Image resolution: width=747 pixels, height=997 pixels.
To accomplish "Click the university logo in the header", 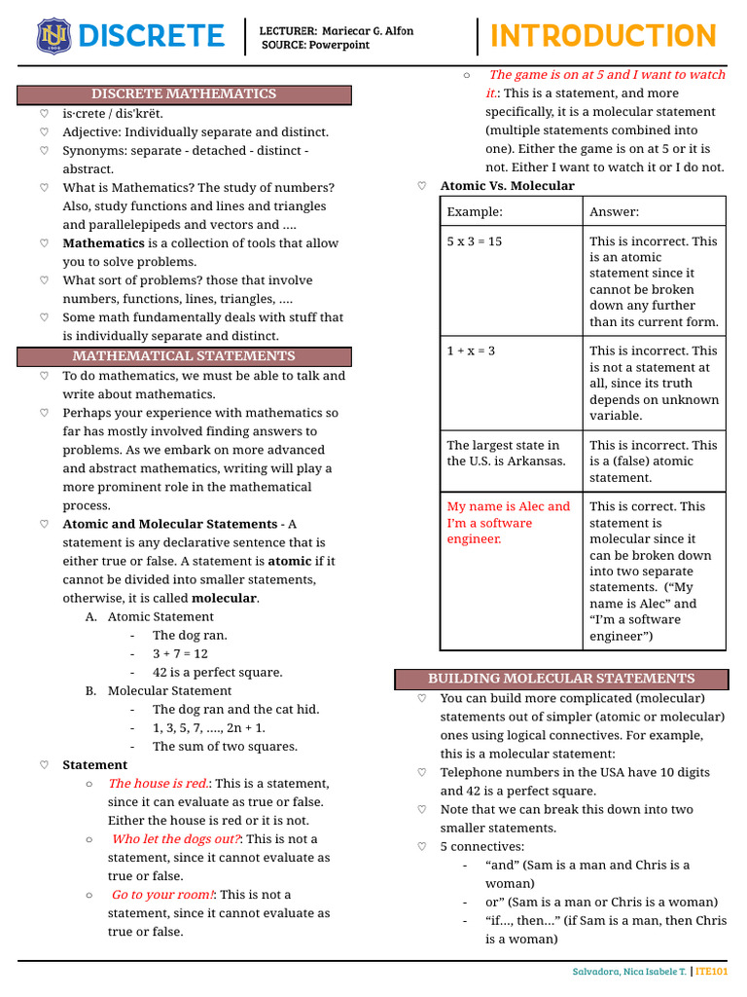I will tap(52, 37).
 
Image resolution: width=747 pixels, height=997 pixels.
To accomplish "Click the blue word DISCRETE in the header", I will tap(151, 37).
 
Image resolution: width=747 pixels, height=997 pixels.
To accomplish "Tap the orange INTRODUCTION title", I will tap(603, 36).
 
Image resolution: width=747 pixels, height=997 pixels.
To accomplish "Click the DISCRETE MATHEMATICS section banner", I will tap(184, 94).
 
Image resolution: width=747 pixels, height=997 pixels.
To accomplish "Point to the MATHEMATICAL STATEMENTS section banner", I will tap(184, 356).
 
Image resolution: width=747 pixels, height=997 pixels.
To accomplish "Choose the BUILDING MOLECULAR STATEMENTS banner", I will tap(561, 679).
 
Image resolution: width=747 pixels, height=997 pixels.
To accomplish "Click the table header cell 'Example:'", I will tap(475, 212).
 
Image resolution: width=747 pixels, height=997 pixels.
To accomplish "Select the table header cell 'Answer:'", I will tap(615, 212).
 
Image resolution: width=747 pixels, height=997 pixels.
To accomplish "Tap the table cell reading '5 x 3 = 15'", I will tap(475, 241).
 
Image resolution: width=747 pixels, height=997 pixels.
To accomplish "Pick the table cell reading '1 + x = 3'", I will tap(471, 351).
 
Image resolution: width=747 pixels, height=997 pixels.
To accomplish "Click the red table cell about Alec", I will tap(509, 523).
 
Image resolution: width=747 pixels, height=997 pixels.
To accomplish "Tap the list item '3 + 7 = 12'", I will tap(180, 654).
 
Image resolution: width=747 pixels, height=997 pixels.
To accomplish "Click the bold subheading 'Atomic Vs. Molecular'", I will tap(507, 186).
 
